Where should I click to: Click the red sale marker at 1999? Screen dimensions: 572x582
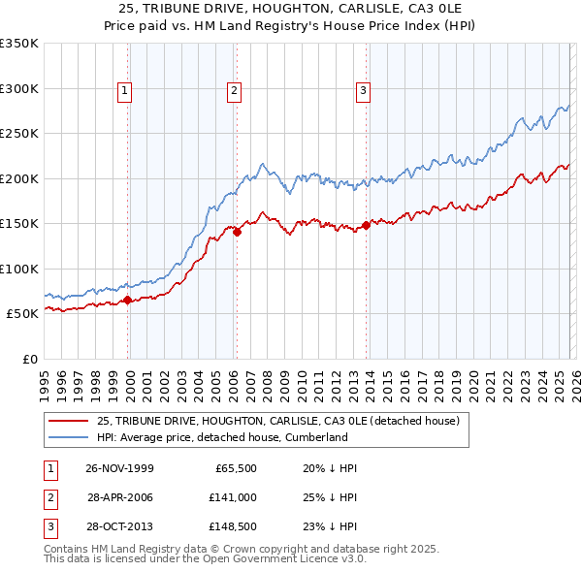[128, 300]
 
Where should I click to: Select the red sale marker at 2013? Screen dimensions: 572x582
[366, 225]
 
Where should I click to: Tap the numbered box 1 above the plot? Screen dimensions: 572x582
[126, 92]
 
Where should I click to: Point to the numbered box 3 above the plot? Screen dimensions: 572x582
[363, 92]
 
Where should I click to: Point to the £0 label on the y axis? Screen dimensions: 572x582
[29, 359]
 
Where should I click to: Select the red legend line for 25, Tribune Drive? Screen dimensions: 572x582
[68, 421]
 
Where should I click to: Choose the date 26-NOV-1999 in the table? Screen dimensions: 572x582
[119, 468]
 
